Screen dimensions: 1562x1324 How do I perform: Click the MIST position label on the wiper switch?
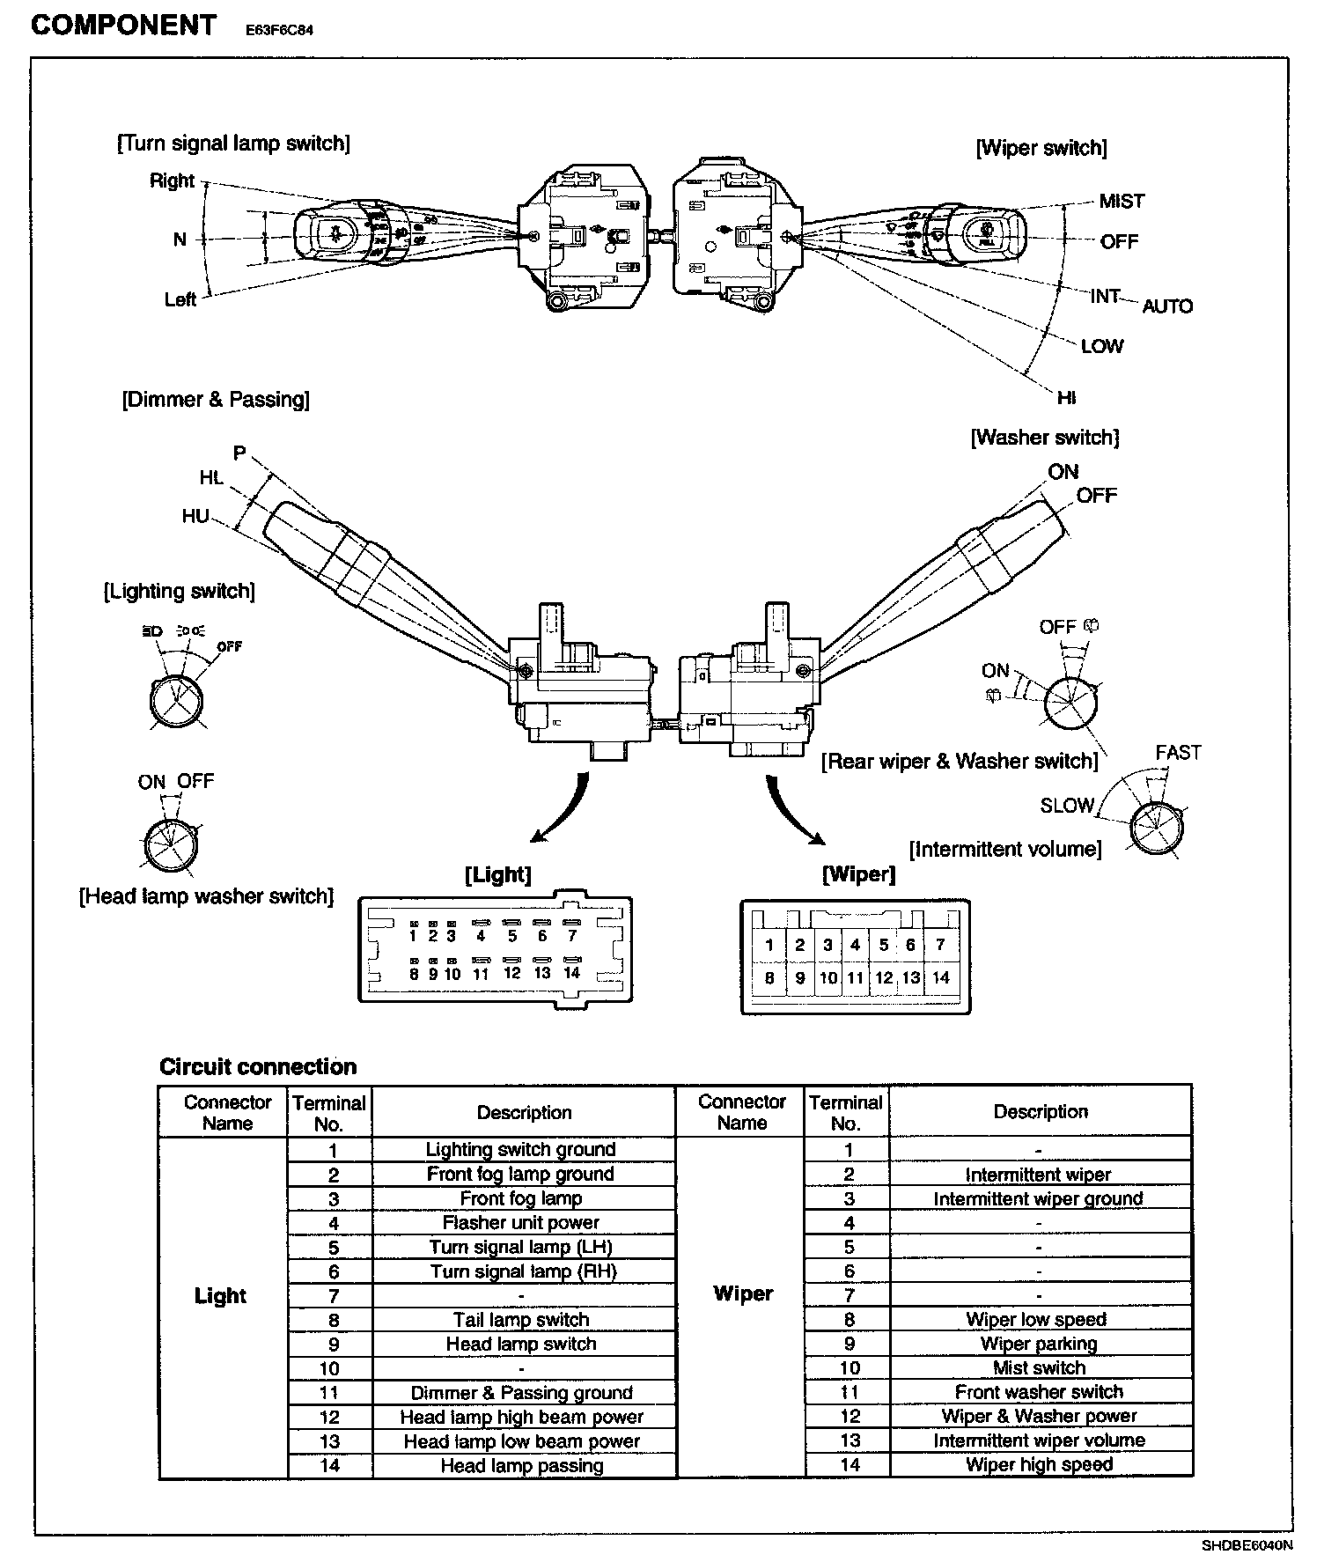(1122, 202)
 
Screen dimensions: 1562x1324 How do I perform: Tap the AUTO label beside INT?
(1167, 306)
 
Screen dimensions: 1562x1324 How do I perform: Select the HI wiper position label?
(1066, 398)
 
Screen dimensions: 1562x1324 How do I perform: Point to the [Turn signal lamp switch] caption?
(233, 144)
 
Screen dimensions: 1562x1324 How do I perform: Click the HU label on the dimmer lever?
(195, 516)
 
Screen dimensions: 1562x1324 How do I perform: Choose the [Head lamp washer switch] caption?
(207, 896)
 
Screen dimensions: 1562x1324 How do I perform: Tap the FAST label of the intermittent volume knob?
(1178, 753)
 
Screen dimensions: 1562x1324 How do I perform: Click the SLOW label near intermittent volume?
(1067, 805)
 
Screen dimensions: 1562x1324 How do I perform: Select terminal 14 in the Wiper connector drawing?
(940, 977)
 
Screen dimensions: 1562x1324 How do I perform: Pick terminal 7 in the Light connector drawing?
(571, 936)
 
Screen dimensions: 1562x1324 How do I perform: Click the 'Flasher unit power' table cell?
(521, 1223)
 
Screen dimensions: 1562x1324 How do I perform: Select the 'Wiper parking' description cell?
(1039, 1344)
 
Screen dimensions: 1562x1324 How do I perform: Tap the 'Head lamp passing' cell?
(522, 1465)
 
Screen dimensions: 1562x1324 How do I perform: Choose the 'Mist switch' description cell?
(1039, 1367)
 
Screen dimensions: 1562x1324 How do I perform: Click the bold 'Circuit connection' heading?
(258, 1067)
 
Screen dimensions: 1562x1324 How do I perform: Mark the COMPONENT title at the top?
(123, 26)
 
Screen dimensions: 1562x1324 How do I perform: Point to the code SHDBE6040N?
(1247, 1545)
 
